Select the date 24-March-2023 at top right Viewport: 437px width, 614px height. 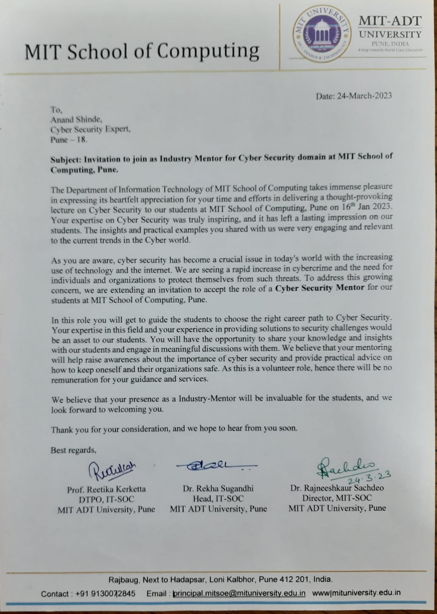[x=364, y=96]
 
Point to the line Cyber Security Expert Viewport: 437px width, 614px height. [x=90, y=130]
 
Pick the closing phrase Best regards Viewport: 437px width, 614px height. [x=73, y=450]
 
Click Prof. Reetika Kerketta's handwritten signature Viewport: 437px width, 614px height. [x=108, y=469]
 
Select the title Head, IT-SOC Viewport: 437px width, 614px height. [x=218, y=498]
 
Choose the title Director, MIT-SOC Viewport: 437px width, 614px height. [x=337, y=498]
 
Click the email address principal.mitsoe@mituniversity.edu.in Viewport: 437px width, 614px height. [x=239, y=593]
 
